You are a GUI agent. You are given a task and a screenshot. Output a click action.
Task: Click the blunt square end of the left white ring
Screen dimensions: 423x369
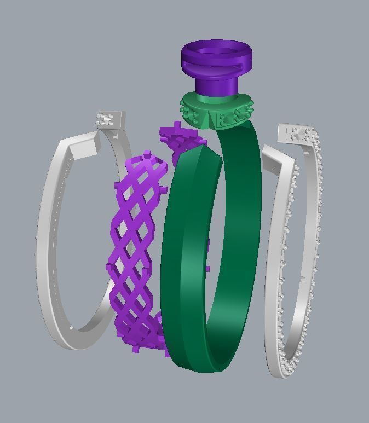click(x=88, y=145)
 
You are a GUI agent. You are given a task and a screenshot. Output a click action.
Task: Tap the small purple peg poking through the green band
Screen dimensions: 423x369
click(x=207, y=270)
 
